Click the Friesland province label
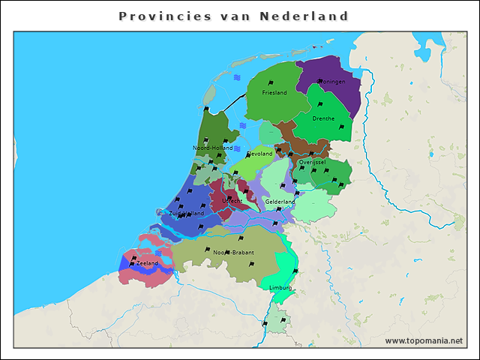[x=274, y=93]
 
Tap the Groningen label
[x=331, y=81]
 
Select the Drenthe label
[x=323, y=118]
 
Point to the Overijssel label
[x=311, y=162]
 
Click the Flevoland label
[x=259, y=154]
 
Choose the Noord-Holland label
[x=212, y=148]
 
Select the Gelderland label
[x=280, y=202]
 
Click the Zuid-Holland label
[x=186, y=213]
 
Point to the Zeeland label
[x=147, y=264]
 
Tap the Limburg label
[x=280, y=287]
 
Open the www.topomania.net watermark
[x=424, y=340]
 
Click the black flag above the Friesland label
[x=271, y=83]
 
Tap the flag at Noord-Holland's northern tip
[x=206, y=110]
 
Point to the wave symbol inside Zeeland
[x=158, y=253]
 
